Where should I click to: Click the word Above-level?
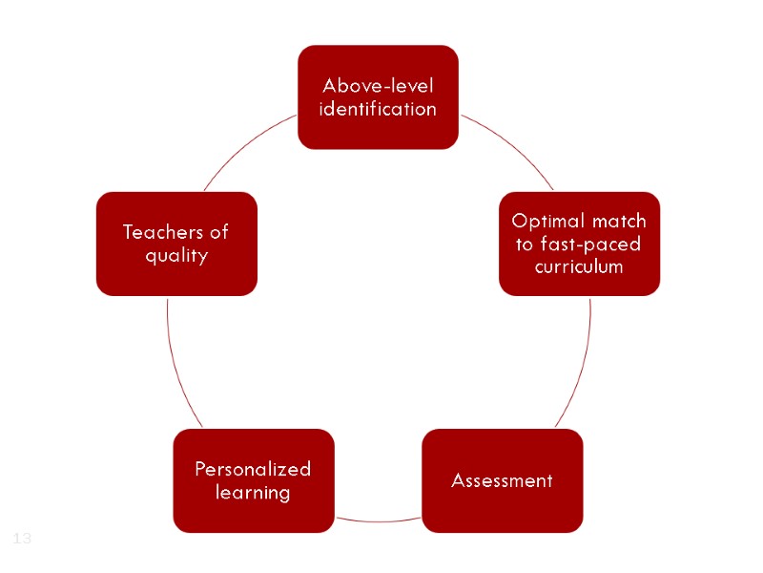pyautogui.click(x=378, y=87)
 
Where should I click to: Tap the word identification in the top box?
pyautogui.click(x=378, y=109)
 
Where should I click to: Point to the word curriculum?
pyautogui.click(x=579, y=266)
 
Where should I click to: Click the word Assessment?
pyautogui.click(x=502, y=480)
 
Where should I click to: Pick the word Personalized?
pyautogui.click(x=253, y=469)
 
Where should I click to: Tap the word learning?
pyautogui.click(x=253, y=493)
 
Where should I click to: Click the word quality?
pyautogui.click(x=176, y=256)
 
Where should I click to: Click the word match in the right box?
pyautogui.click(x=619, y=222)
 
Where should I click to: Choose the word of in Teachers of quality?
pyautogui.click(x=217, y=232)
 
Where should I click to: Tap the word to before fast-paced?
pyautogui.click(x=524, y=244)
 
